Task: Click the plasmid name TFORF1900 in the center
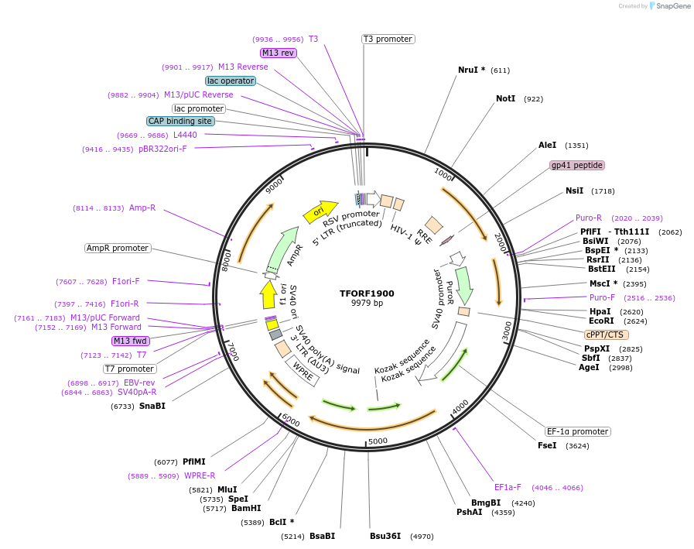coord(367,293)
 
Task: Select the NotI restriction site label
coord(505,98)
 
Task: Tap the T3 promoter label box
coord(388,39)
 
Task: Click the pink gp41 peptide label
coord(576,165)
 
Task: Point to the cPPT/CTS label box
coord(606,335)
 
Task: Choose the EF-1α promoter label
coord(577,431)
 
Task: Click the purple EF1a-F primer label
coord(508,487)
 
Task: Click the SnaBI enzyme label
coord(152,406)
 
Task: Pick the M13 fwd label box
coord(131,341)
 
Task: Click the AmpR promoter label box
coord(118,248)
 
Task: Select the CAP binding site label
coord(180,121)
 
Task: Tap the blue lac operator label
coord(231,81)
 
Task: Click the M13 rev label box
coord(278,53)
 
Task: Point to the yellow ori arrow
coord(320,211)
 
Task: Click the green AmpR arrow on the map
coord(282,246)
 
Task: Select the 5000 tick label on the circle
coord(377,441)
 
